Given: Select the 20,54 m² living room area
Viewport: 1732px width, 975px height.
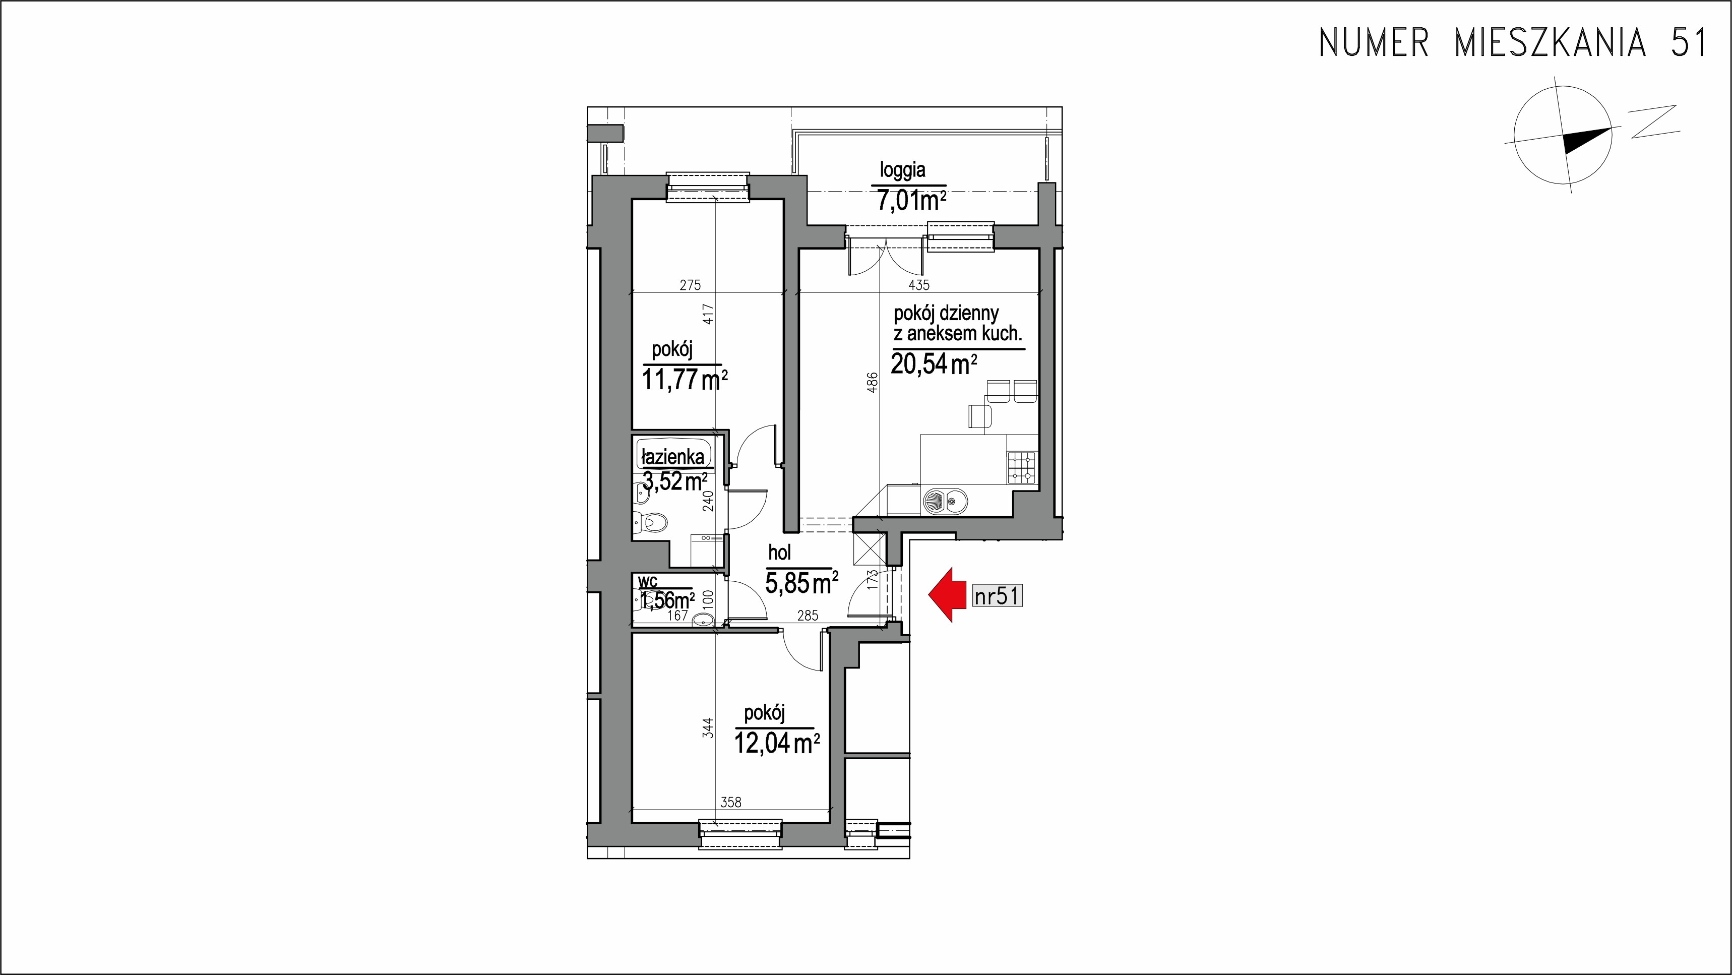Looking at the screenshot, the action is tap(933, 364).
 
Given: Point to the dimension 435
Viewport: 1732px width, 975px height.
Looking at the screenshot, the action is tap(919, 285).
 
